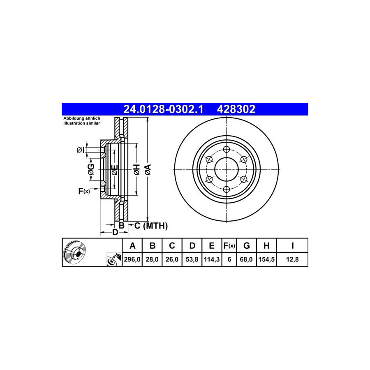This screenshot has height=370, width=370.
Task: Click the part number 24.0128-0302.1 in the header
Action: tap(163, 109)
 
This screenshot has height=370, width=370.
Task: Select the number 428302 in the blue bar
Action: tap(236, 109)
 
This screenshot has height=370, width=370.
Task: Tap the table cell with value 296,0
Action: tap(132, 259)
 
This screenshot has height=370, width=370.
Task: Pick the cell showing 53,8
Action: tap(192, 259)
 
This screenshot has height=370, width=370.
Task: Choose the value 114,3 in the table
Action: tap(212, 259)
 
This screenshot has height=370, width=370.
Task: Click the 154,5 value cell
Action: tap(266, 259)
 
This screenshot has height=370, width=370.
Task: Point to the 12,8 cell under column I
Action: tap(292, 259)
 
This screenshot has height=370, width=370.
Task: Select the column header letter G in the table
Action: tap(246, 246)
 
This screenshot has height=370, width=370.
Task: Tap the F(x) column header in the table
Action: tap(229, 246)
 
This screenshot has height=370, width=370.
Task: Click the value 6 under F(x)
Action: tap(229, 259)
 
